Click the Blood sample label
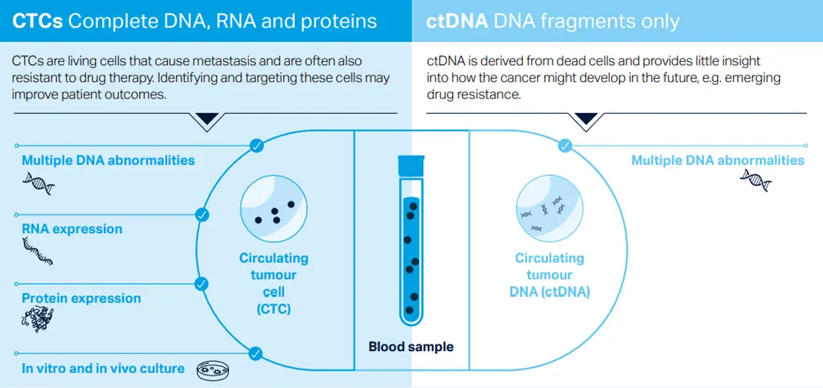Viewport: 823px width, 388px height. (x=410, y=347)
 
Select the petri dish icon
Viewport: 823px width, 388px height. (x=213, y=370)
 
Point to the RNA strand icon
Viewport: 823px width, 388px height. (x=38, y=251)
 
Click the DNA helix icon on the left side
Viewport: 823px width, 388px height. (x=38, y=183)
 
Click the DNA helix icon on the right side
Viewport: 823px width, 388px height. (x=755, y=180)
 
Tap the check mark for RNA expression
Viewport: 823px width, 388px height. (x=202, y=215)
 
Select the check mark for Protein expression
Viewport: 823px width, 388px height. (x=201, y=284)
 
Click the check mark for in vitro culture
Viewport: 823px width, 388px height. (x=255, y=353)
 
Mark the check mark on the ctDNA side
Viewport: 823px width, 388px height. (x=565, y=145)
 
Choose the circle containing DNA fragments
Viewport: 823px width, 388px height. (x=549, y=209)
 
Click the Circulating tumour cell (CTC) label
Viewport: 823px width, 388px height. (x=274, y=283)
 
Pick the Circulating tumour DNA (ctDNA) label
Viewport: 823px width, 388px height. (x=550, y=275)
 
